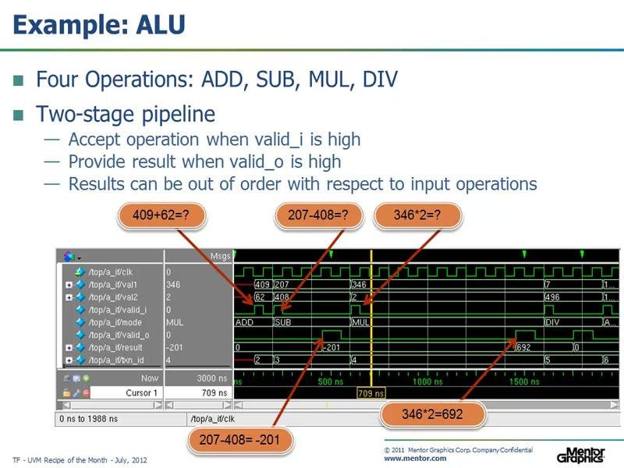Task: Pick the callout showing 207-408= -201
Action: pos(240,440)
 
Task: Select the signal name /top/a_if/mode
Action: pos(115,321)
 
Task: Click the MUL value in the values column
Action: pos(175,321)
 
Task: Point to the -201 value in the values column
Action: pos(175,347)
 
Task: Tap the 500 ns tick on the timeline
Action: pos(331,382)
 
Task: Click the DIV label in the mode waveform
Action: pos(552,321)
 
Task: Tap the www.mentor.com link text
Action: pos(415,459)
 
